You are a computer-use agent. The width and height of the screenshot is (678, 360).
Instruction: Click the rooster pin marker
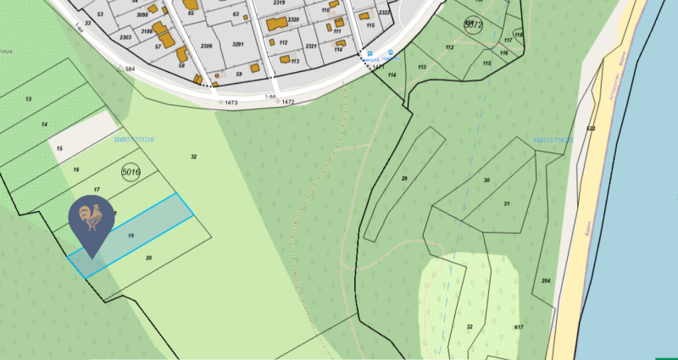(x=92, y=222)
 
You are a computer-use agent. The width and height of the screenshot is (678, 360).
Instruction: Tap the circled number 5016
(x=131, y=173)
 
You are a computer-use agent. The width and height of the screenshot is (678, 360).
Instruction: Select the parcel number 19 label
(x=131, y=235)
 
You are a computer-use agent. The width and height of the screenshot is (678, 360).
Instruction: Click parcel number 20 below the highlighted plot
(x=148, y=258)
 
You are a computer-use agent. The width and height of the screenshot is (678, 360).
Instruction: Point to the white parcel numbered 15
(x=59, y=149)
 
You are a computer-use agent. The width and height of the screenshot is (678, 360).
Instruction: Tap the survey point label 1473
(x=231, y=102)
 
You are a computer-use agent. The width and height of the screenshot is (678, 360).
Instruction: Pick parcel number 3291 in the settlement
(x=238, y=44)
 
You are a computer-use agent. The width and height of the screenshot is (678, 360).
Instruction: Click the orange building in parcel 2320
(x=276, y=25)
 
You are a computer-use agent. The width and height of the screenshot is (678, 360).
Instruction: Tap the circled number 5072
(x=473, y=25)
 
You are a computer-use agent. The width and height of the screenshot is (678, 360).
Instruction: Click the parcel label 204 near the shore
(x=546, y=280)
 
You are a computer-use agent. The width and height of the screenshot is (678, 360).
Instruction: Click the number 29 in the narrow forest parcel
(x=404, y=178)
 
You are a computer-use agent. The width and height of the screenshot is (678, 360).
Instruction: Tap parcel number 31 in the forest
(x=506, y=204)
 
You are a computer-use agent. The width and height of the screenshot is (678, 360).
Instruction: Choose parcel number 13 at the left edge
(x=28, y=100)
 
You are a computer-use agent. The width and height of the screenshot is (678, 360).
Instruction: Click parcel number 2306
(x=205, y=46)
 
